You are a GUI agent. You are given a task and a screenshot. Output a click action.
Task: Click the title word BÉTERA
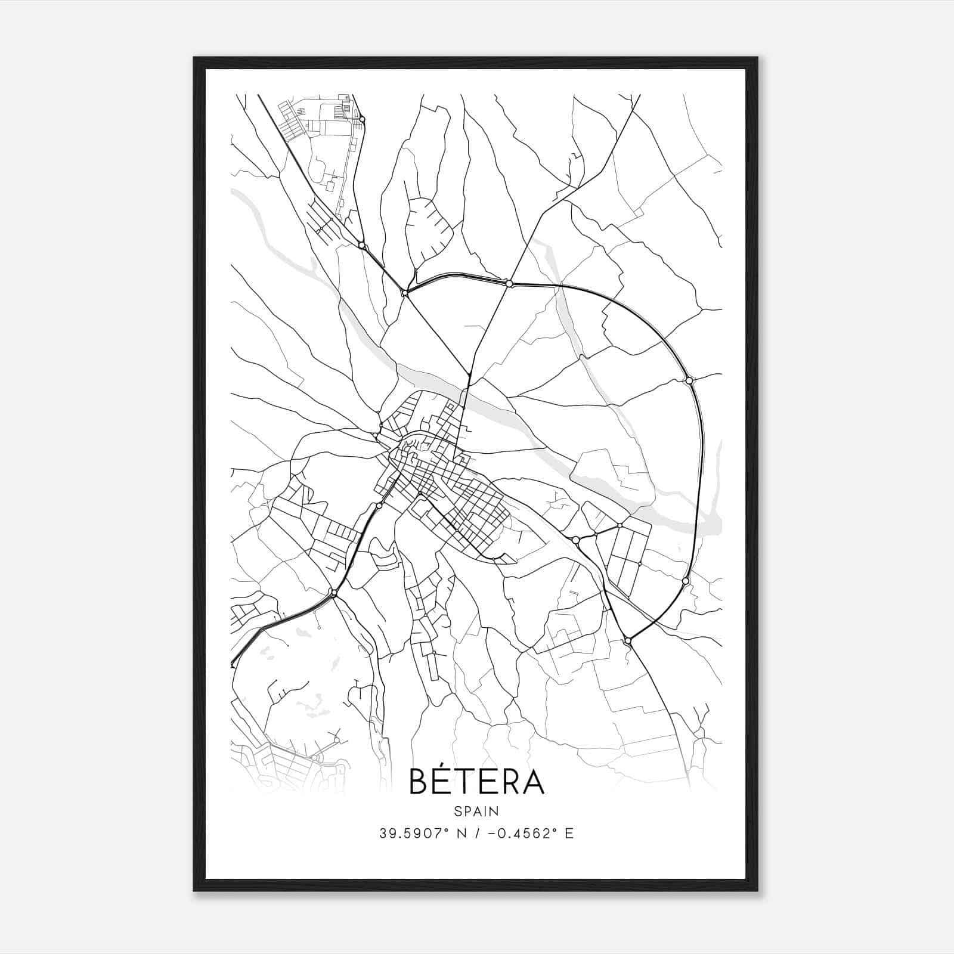pyautogui.click(x=476, y=781)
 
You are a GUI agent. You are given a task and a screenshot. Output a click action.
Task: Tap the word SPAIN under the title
pyautogui.click(x=476, y=811)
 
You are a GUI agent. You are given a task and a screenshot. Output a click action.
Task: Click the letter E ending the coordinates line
pyautogui.click(x=569, y=834)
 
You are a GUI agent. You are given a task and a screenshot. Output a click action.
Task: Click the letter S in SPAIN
pyautogui.click(x=457, y=811)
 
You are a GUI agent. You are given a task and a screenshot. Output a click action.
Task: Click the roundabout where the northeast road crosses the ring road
pyautogui.click(x=509, y=284)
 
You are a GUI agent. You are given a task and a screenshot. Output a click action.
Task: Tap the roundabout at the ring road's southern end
pyautogui.click(x=627, y=640)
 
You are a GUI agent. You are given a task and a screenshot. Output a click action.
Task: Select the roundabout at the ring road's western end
pyautogui.click(x=405, y=293)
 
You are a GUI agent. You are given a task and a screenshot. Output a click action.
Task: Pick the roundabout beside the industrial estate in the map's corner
pyautogui.click(x=362, y=120)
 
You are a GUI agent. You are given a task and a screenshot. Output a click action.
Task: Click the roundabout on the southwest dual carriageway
pyautogui.click(x=334, y=593)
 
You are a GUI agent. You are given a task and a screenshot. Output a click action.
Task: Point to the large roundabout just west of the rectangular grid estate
pyautogui.click(x=575, y=540)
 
